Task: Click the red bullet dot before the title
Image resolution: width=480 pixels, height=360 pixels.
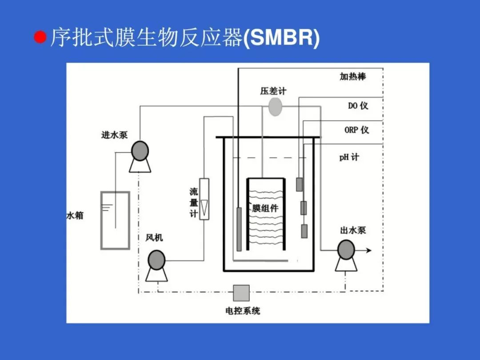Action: pos(40,37)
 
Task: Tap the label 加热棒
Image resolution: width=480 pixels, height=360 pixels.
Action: pos(353,76)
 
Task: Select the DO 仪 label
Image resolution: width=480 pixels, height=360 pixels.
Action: pos(358,106)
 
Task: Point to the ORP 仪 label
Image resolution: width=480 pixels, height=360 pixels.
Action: pos(356,130)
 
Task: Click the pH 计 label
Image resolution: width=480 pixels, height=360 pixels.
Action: pos(349,157)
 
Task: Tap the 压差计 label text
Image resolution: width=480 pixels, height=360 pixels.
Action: pos(273,91)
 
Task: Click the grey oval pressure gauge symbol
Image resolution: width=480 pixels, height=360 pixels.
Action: pos(275,107)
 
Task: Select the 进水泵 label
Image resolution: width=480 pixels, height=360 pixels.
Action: pos(114,135)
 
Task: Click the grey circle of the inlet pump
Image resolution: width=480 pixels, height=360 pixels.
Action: pos(140,151)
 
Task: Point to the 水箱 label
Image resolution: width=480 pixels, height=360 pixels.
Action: pos(75,216)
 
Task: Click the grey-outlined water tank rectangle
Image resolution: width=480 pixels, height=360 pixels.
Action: pos(115,220)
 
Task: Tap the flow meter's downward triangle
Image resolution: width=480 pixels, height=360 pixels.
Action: pos(204,207)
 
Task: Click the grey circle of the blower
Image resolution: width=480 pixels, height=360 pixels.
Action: pos(156,260)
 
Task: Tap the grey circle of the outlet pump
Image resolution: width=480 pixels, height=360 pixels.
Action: pos(346,250)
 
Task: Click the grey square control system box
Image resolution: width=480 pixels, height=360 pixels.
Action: pos(241,293)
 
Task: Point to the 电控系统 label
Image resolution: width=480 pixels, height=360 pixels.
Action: pos(243,311)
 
